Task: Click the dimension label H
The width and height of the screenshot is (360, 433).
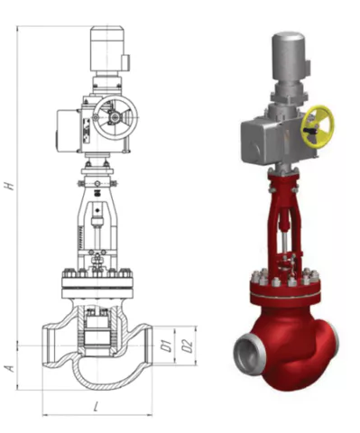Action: tap(10, 186)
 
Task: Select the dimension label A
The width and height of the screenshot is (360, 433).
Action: tap(10, 367)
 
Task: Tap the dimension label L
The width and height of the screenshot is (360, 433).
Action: tap(96, 407)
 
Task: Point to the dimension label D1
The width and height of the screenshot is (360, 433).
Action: tap(165, 345)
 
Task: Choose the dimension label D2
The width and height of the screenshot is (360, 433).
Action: tap(187, 345)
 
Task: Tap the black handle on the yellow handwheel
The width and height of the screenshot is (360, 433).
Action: tap(309, 130)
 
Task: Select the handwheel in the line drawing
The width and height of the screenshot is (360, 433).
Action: tap(115, 117)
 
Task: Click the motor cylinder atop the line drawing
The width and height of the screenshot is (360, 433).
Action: tap(107, 49)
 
